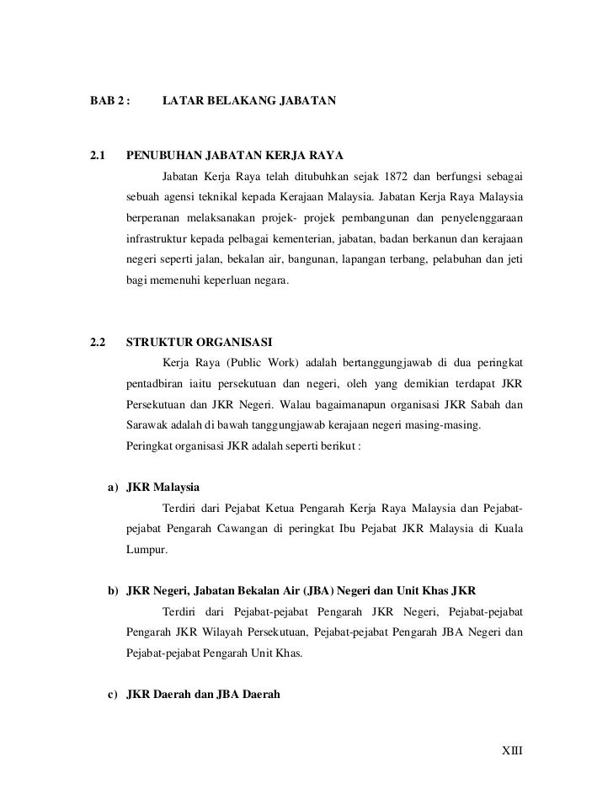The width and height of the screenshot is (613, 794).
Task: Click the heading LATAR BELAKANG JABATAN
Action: pos(248,101)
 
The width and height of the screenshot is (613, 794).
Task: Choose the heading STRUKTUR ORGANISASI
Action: pos(199,343)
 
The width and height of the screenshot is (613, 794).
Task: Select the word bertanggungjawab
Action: pos(376,363)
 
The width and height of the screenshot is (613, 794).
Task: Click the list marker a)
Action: pos(111,488)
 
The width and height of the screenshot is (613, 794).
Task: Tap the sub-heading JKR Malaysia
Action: pos(163,488)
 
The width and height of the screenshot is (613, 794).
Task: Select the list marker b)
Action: pos(111,592)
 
